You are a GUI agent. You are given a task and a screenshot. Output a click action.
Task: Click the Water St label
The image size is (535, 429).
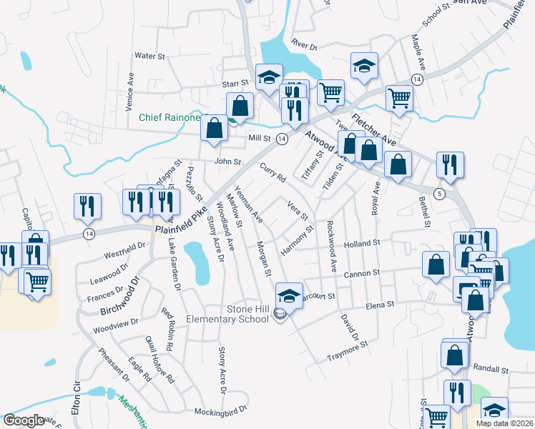(149, 55)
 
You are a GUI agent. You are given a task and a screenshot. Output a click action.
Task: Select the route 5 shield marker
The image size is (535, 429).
(439, 194)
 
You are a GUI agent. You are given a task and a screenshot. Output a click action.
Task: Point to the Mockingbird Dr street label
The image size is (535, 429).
(220, 411)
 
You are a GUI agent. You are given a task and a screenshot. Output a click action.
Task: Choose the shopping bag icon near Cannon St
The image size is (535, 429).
(436, 265)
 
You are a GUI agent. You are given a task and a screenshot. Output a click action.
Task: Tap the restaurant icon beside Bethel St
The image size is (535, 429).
(451, 166)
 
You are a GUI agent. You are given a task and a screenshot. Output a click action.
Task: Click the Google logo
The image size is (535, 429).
(24, 420)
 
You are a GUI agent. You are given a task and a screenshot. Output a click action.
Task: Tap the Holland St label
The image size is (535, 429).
(361, 244)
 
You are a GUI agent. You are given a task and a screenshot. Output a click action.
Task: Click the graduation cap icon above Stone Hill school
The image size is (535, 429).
(288, 295)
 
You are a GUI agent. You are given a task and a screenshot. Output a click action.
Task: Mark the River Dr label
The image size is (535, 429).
(304, 45)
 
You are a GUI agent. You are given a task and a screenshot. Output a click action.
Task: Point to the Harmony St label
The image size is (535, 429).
(298, 241)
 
